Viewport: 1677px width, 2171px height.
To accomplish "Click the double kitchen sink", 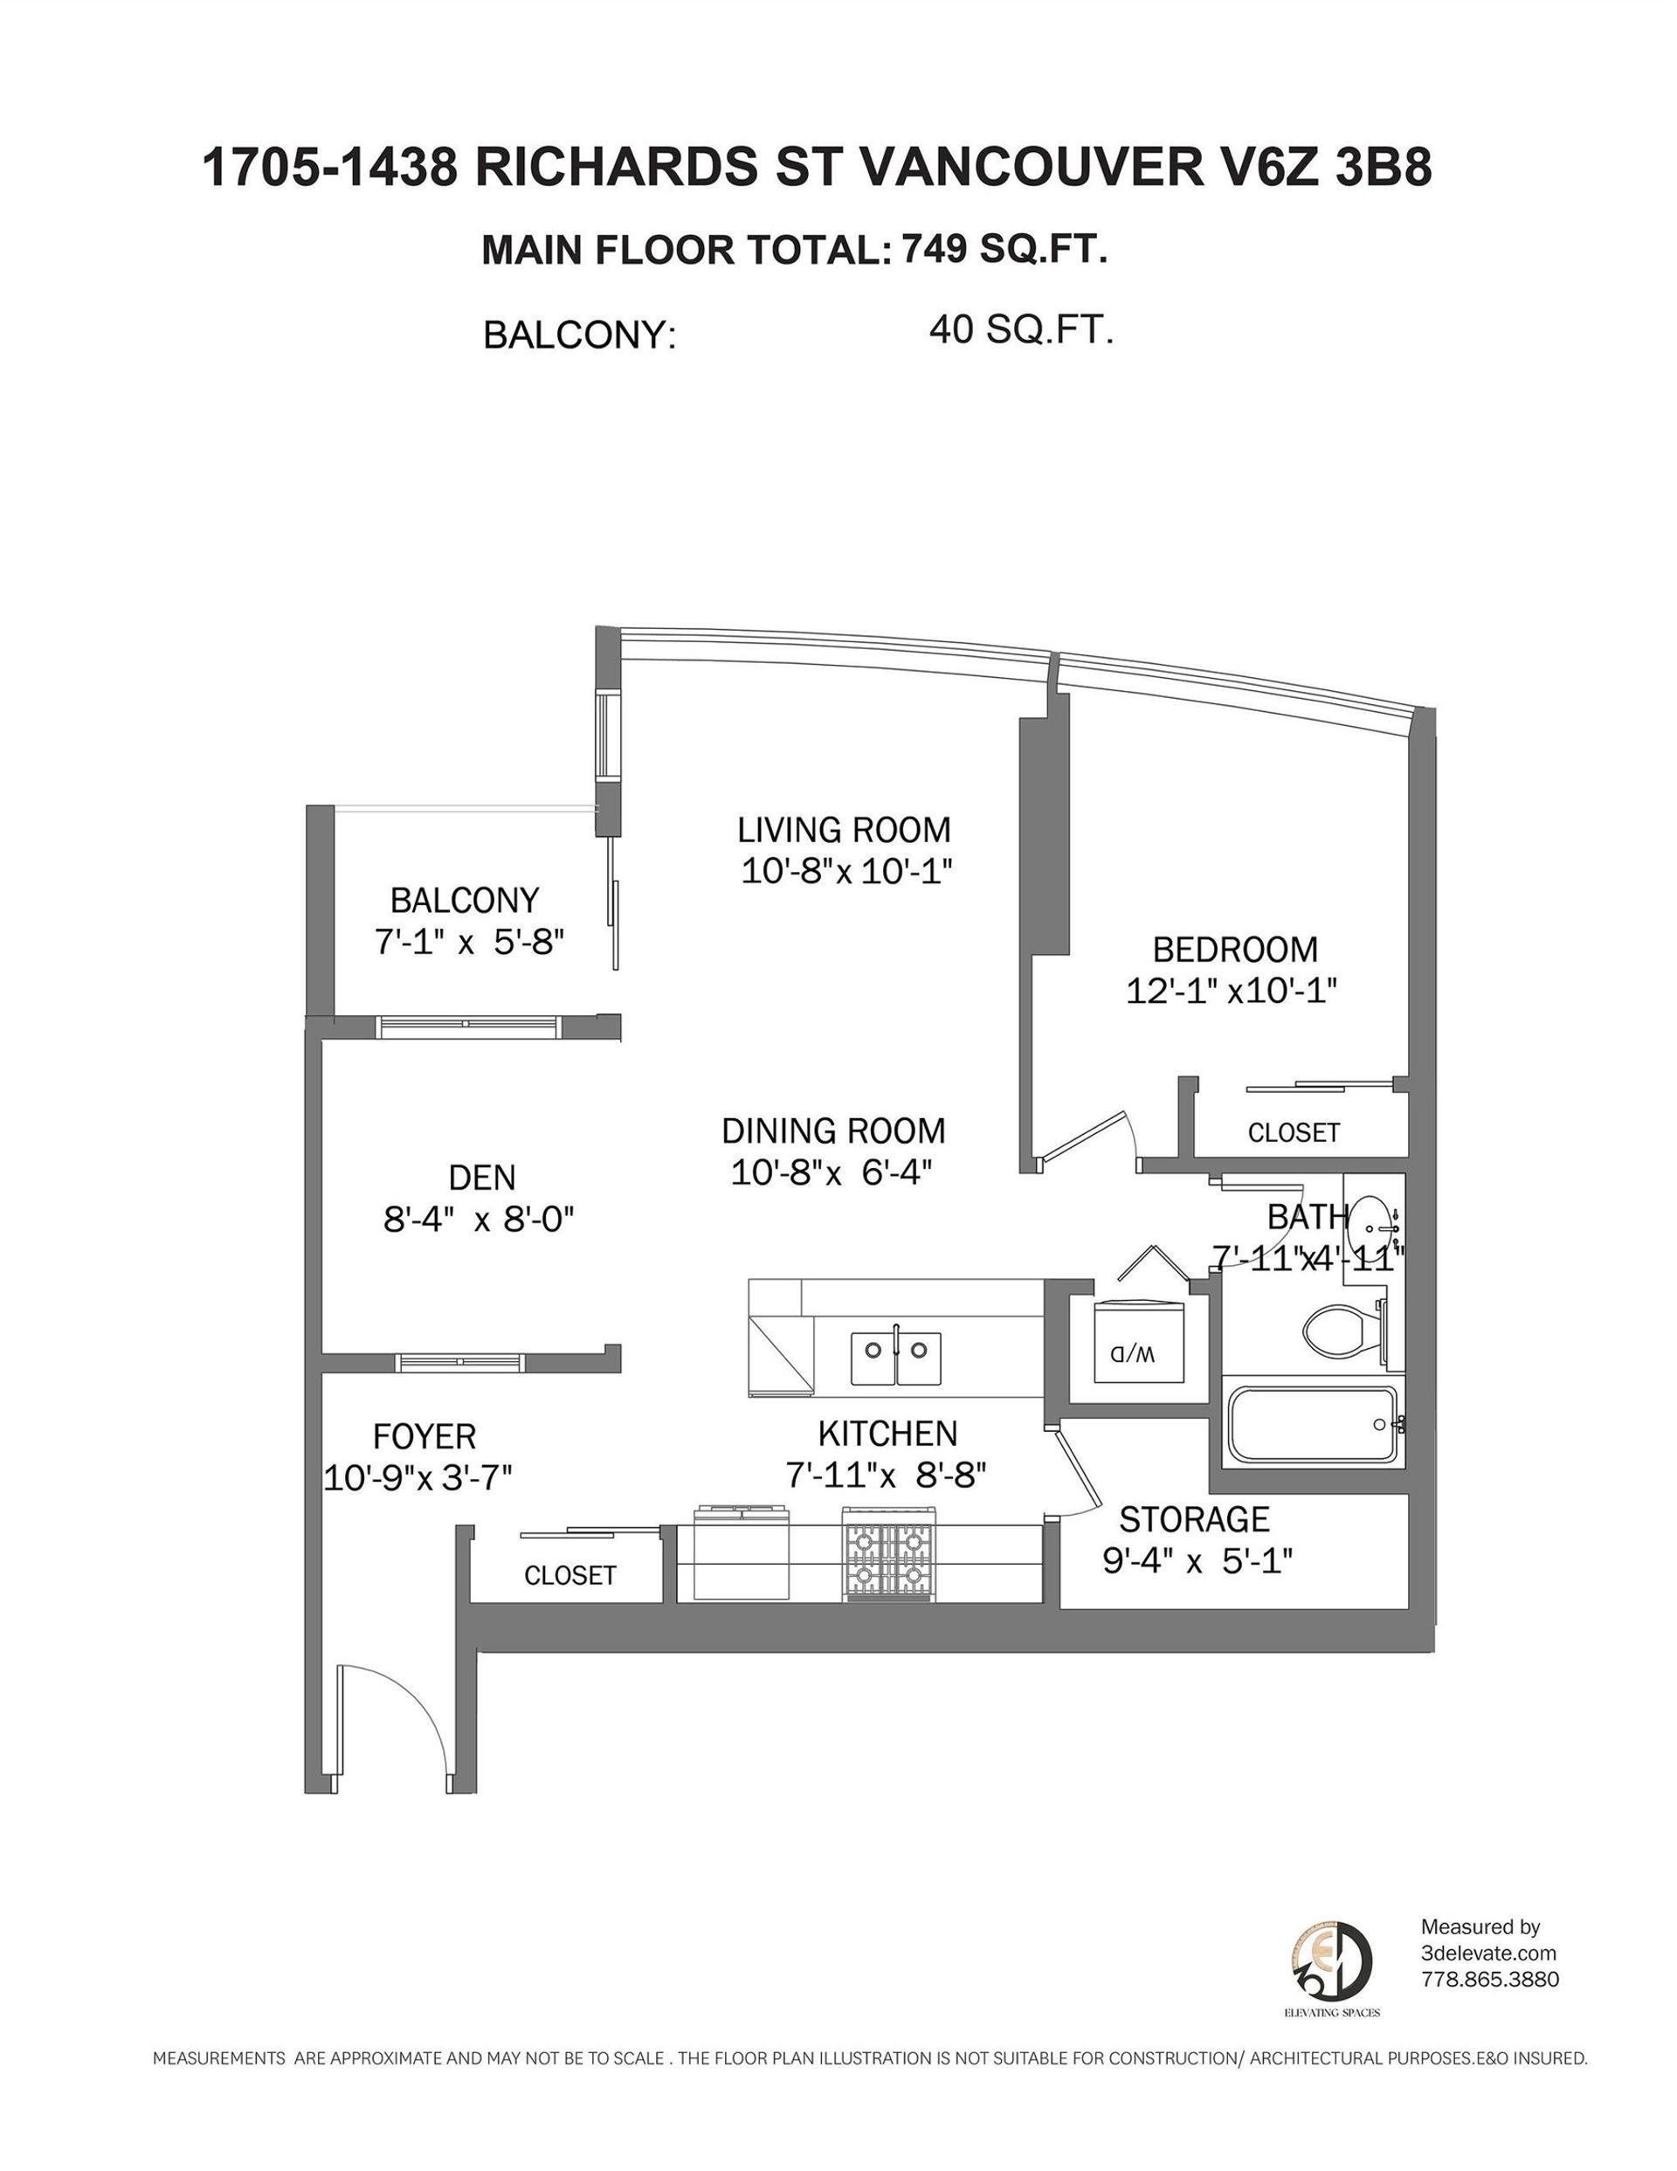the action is [895, 1358].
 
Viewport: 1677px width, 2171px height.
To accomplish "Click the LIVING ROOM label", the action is [844, 829].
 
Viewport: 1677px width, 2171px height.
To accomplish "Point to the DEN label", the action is [482, 1177].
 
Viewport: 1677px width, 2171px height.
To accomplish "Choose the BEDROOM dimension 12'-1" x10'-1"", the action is [1231, 991].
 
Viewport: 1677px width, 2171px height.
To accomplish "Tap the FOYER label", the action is [424, 1436].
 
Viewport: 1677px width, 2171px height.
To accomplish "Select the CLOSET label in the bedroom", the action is [1294, 1132].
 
